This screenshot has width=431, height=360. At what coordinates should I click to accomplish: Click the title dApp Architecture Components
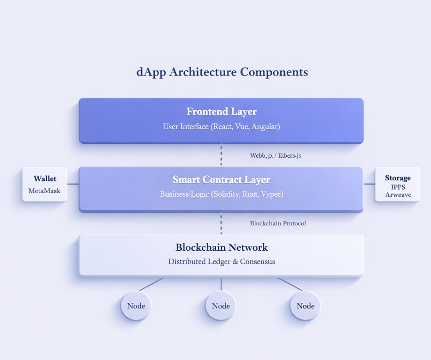coord(222,72)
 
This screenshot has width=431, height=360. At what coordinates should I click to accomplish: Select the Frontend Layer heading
coord(221,111)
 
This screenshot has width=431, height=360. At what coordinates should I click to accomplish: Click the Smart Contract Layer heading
coord(221,180)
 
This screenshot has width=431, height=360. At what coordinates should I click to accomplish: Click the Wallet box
coord(45,184)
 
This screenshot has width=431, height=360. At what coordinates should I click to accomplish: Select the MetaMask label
coord(44,191)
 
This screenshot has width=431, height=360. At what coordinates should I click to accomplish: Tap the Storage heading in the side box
coord(398,178)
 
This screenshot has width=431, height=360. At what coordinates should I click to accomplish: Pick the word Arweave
coord(398,195)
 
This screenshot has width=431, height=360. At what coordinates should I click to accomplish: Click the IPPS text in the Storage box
coord(398,187)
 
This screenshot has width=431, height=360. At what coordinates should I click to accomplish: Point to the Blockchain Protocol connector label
coord(278,223)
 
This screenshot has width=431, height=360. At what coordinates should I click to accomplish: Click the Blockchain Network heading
coord(221,248)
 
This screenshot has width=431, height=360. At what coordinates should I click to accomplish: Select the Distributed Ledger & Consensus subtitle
coord(221,262)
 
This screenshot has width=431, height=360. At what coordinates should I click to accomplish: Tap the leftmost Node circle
coord(136,306)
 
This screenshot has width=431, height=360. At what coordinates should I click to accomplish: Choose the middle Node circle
coord(221,306)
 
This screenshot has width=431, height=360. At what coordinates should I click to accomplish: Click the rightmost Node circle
coord(305,306)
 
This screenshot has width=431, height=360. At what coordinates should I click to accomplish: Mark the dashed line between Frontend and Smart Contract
coord(221,155)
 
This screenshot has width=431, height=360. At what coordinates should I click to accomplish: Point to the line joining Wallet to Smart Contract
coord(73,184)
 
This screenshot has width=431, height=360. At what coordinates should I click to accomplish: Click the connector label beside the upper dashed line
coord(275,156)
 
